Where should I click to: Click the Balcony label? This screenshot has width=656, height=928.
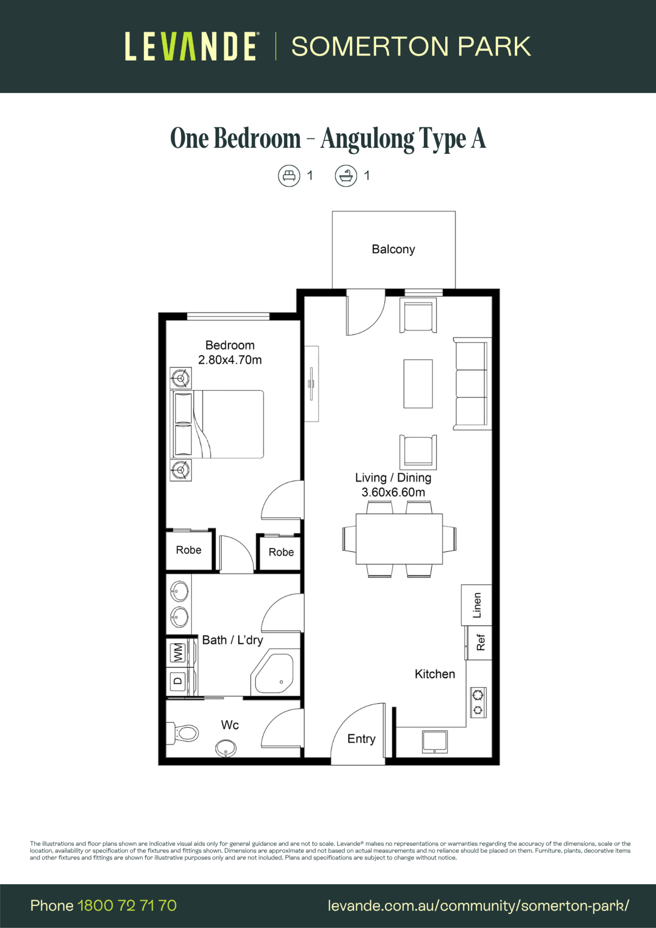pyautogui.click(x=393, y=249)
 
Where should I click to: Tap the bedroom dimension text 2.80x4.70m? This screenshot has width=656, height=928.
pyautogui.click(x=230, y=360)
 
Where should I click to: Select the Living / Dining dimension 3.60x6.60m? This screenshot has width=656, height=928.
pyautogui.click(x=393, y=492)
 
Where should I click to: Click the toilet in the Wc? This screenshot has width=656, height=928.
pyautogui.click(x=183, y=733)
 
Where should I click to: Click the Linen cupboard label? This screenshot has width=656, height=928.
pyautogui.click(x=477, y=605)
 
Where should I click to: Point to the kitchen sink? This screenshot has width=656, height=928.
pyautogui.click(x=435, y=742)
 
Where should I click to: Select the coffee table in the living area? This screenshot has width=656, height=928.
pyautogui.click(x=418, y=384)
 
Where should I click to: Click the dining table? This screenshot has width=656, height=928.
pyautogui.click(x=399, y=539)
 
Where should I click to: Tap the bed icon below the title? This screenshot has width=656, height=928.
pyautogui.click(x=289, y=176)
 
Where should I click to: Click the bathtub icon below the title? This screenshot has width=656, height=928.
pyautogui.click(x=346, y=176)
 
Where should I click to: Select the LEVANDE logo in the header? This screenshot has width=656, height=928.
pyautogui.click(x=191, y=46)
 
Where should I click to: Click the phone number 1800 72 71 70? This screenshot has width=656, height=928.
pyautogui.click(x=127, y=905)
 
